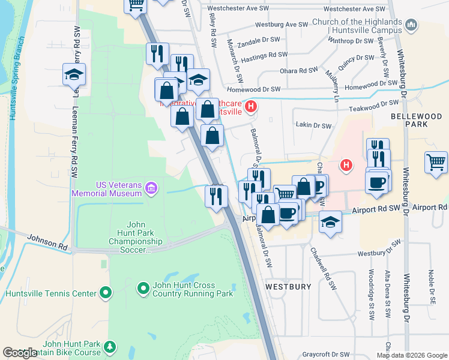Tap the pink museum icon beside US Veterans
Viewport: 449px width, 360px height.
click(x=151, y=189)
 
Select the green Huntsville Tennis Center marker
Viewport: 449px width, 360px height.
click(x=106, y=293)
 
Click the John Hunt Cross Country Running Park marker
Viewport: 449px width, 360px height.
click(x=143, y=289)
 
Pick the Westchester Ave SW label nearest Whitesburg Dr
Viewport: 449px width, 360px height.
click(x=354, y=9)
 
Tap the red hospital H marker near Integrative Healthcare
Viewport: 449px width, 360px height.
click(x=252, y=107)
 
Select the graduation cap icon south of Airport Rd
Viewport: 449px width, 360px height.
click(x=330, y=221)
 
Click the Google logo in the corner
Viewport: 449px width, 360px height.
click(x=20, y=353)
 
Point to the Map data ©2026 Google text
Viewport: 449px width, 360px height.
click(x=412, y=355)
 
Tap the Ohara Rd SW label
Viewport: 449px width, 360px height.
click(x=297, y=70)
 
